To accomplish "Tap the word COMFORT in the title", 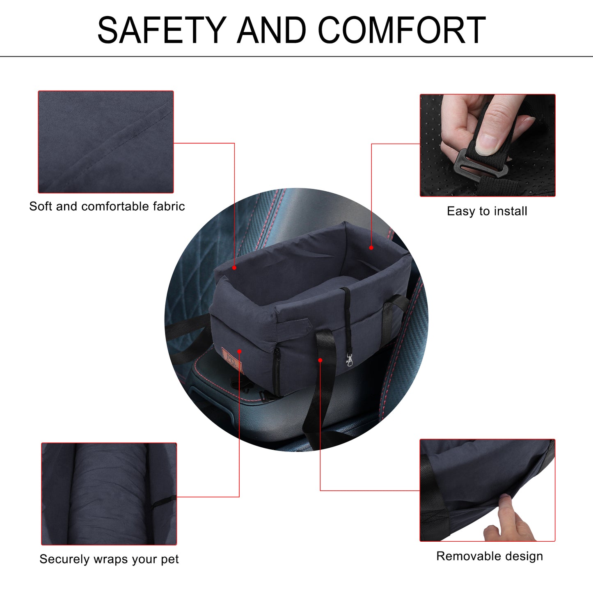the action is coord(402,30).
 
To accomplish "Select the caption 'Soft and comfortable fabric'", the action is coord(107,206).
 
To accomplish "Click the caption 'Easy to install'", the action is coord(487,211).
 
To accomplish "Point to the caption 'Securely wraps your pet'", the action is coord(109,559).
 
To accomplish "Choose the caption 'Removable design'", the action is coord(490,556).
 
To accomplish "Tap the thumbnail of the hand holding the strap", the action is coord(488,145).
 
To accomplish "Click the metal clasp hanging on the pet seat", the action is coord(349,359).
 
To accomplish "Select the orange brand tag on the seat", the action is coord(232,360).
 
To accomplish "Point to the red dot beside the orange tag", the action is coord(239,351).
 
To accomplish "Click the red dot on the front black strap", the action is coord(320,360).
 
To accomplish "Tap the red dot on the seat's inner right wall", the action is coord(371,248).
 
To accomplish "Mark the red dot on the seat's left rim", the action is coord(234,268).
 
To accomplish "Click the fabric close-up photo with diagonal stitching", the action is coord(106,142).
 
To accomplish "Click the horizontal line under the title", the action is coord(296,57).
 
